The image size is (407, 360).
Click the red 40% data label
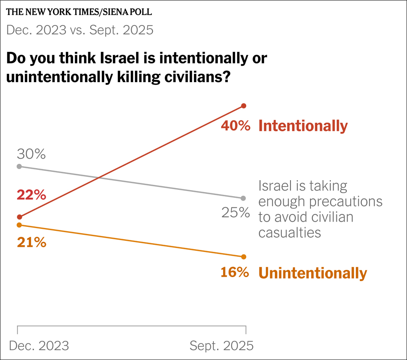(235, 126)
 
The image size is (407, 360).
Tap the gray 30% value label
(32, 154)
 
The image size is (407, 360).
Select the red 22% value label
(32, 195)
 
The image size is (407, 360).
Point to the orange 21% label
(32, 242)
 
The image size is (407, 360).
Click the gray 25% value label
(235, 212)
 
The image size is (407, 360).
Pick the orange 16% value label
(235, 273)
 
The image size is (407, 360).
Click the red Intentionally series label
(303, 126)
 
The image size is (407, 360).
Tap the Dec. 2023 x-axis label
(39, 346)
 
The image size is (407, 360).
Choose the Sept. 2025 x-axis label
(221, 346)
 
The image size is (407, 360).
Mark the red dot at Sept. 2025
(244, 106)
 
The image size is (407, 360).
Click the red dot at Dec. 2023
(19, 217)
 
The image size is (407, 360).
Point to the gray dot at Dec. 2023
(19, 166)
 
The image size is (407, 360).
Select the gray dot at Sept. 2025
(244, 198)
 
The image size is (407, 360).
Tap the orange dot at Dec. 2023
(19, 225)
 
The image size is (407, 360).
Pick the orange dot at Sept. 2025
(244, 256)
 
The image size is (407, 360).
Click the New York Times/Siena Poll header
(79, 12)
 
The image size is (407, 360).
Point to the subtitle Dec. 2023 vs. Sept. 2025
(80, 30)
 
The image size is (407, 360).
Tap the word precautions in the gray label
(346, 201)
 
